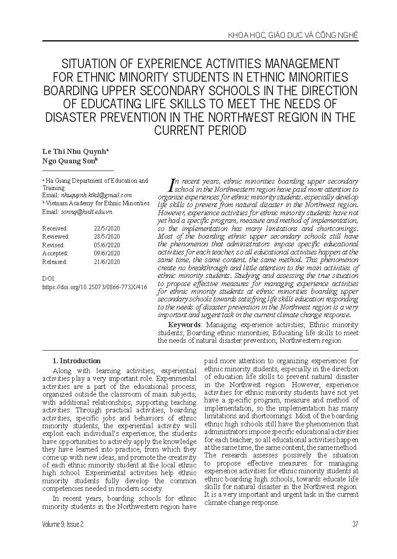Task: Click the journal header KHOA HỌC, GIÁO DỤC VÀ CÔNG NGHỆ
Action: pyautogui.click(x=293, y=35)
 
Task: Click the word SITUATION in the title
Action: pyautogui.click(x=92, y=63)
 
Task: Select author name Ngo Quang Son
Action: pyautogui.click(x=70, y=161)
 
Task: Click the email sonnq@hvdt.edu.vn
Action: pyautogui.click(x=86, y=212)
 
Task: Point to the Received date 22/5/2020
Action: pyautogui.click(x=107, y=228)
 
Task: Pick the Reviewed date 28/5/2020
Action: pyautogui.click(x=107, y=236)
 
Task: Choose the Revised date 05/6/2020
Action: pyautogui.click(x=107, y=245)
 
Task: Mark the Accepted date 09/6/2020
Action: pyautogui.click(x=107, y=254)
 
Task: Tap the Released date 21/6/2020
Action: pyautogui.click(x=107, y=262)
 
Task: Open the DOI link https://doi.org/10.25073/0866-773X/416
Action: pyautogui.click(x=94, y=287)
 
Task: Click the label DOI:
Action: pyautogui.click(x=49, y=279)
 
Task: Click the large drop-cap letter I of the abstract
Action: pyautogui.click(x=171, y=184)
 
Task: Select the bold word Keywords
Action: pyautogui.click(x=184, y=325)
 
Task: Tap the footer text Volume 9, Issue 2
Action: pyautogui.click(x=63, y=524)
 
